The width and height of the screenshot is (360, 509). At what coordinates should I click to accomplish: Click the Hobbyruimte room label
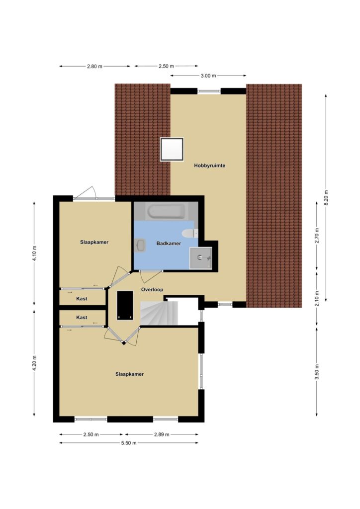tap(210, 166)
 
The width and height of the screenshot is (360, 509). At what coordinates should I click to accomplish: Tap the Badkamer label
tap(169, 243)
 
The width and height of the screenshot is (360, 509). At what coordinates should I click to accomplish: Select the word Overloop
tap(152, 290)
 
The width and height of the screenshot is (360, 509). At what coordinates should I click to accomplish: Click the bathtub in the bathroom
tap(167, 211)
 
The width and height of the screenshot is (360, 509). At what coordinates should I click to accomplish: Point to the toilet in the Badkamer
tap(189, 233)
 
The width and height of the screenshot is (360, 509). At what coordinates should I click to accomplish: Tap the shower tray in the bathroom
tap(200, 258)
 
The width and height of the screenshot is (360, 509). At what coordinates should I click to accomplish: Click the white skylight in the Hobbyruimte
tap(172, 149)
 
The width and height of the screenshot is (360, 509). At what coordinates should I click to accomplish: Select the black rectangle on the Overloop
tap(125, 306)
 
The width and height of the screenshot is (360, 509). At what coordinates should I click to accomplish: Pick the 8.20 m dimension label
tap(326, 197)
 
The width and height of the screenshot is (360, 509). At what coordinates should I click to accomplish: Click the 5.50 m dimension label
tap(129, 443)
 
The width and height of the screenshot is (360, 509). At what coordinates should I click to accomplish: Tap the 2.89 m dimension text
tap(162, 434)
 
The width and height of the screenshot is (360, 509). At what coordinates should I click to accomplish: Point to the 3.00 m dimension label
tap(208, 76)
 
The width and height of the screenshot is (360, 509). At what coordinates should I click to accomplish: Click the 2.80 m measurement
tap(94, 67)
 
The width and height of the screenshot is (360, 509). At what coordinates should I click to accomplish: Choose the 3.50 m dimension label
tap(317, 372)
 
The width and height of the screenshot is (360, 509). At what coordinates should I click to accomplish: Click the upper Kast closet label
tap(82, 299)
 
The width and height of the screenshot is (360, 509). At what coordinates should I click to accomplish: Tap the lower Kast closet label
tap(82, 318)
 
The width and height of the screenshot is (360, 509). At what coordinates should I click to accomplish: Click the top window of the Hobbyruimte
tap(209, 91)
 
